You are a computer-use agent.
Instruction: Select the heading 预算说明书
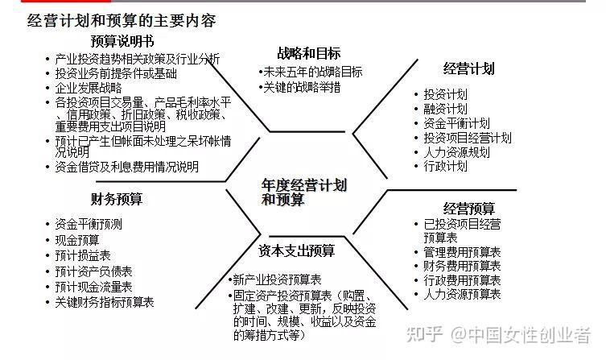[123, 41]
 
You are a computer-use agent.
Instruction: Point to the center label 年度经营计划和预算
[304, 192]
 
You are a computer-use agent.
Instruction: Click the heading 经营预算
[469, 209]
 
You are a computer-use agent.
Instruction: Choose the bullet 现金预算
[77, 240]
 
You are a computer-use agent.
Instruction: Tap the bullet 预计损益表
[83, 255]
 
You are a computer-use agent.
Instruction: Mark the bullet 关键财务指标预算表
[105, 302]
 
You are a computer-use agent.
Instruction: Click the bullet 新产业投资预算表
[279, 279]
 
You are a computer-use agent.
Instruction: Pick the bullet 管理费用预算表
[462, 252]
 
